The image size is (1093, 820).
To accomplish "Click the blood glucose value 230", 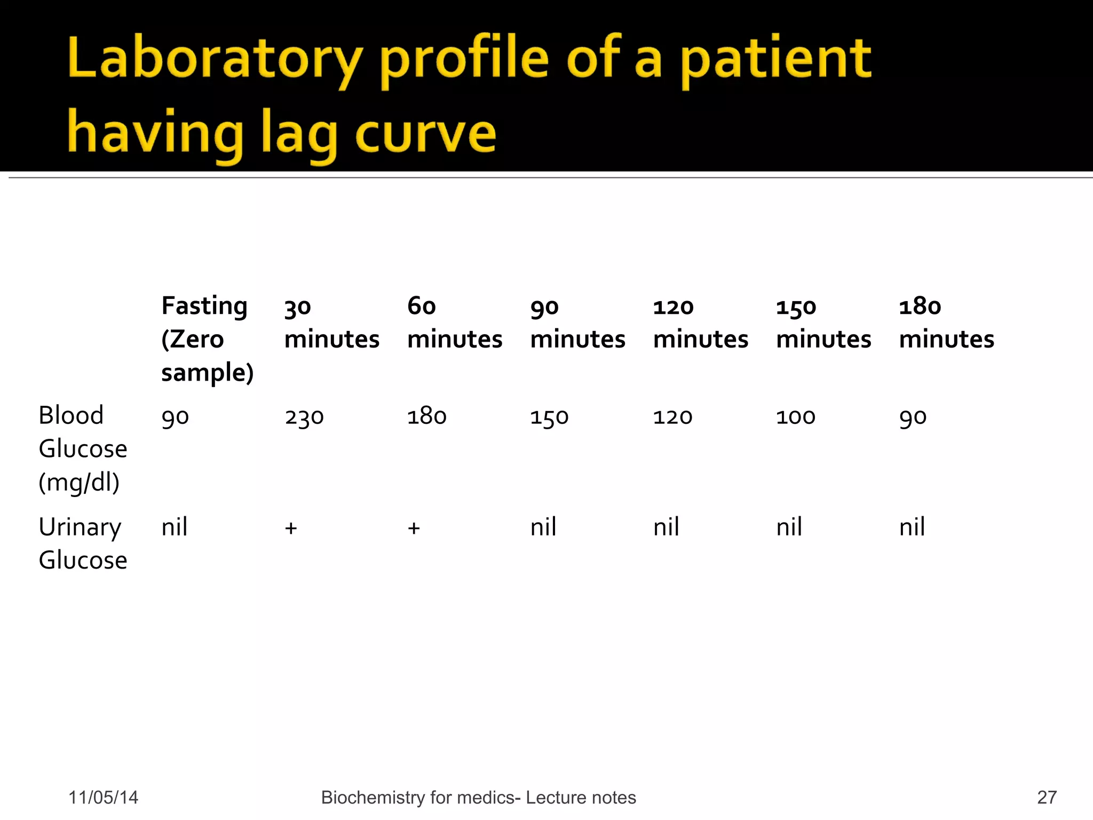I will pos(304,417).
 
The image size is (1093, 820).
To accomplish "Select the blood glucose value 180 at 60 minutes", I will pos(426,416).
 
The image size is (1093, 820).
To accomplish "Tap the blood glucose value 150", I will pos(549,417).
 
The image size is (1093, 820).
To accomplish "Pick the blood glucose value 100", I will pos(795,416).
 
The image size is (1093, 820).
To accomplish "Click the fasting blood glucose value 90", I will pos(175,417).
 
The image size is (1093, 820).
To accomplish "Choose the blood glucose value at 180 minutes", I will pos(913,417).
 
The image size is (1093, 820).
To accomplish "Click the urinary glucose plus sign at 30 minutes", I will pos(291,528).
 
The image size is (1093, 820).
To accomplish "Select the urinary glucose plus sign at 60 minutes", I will pos(414,528).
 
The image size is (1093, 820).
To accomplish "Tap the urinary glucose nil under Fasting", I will pos(175,527).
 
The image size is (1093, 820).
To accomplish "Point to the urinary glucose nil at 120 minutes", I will pos(666,527).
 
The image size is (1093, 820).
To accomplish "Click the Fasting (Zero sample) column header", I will pos(207,339).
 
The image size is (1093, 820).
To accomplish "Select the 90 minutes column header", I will pos(577,323).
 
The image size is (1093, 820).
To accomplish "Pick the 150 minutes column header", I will pos(823,323).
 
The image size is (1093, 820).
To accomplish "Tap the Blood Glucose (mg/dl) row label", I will pos(83,448).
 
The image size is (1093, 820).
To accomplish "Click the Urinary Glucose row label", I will pos(83,543).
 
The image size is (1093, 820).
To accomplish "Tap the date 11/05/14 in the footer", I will pos(103,798).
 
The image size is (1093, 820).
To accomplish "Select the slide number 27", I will pos(1047,798).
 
